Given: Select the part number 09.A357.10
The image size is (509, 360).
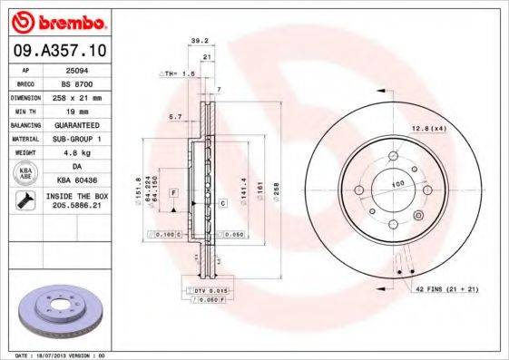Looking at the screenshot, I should (x=59, y=50).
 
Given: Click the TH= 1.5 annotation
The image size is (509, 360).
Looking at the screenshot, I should (x=178, y=73).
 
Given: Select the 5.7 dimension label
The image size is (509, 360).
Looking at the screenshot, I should (x=176, y=116).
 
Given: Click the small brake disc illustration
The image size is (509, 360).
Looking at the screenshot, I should (x=59, y=311).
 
